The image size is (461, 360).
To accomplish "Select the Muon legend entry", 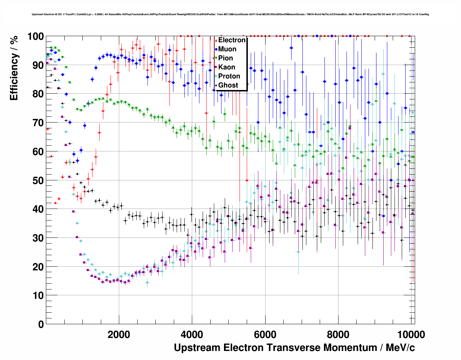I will point(227,49).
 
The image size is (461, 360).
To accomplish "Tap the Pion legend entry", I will point(225,58).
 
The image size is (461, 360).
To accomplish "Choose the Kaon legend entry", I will point(227,67).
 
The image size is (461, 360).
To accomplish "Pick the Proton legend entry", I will point(229,76).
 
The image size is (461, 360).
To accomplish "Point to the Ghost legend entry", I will point(228,85).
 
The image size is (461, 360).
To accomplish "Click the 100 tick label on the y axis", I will point(35,37).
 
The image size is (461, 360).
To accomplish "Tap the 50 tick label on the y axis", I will point(38,180).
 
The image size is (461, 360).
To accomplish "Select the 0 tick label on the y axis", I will point(40,324).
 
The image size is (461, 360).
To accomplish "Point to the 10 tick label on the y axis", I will point(38,295).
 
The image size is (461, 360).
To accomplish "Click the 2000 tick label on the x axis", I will point(119,334).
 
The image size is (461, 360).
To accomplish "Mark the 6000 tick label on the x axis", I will point(265,334).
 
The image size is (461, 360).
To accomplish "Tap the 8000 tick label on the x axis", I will point(338,334).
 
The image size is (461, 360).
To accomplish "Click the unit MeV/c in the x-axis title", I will point(400,348).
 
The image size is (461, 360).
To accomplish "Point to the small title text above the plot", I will point(230,14).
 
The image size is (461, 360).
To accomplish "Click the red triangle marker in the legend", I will point(216,40).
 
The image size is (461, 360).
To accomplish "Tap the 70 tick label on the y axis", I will point(38,123).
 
